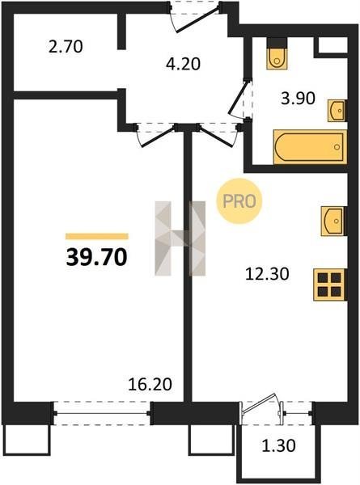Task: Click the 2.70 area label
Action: [x=66, y=47]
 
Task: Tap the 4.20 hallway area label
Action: [x=184, y=64]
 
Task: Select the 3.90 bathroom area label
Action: [x=298, y=99]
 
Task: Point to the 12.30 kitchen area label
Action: [x=267, y=274]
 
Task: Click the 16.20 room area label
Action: [x=150, y=384]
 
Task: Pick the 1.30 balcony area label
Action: [x=278, y=445]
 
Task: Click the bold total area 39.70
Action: [x=96, y=257]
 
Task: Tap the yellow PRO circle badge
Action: [x=239, y=201]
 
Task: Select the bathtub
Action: [x=310, y=147]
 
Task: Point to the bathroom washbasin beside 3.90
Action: [x=337, y=111]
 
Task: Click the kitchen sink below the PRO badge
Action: [x=332, y=221]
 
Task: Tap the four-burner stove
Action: [x=329, y=285]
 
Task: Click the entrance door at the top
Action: [x=196, y=16]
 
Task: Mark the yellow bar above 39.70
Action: [x=97, y=236]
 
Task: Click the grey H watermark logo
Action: [x=180, y=238]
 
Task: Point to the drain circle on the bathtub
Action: [x=337, y=147]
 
